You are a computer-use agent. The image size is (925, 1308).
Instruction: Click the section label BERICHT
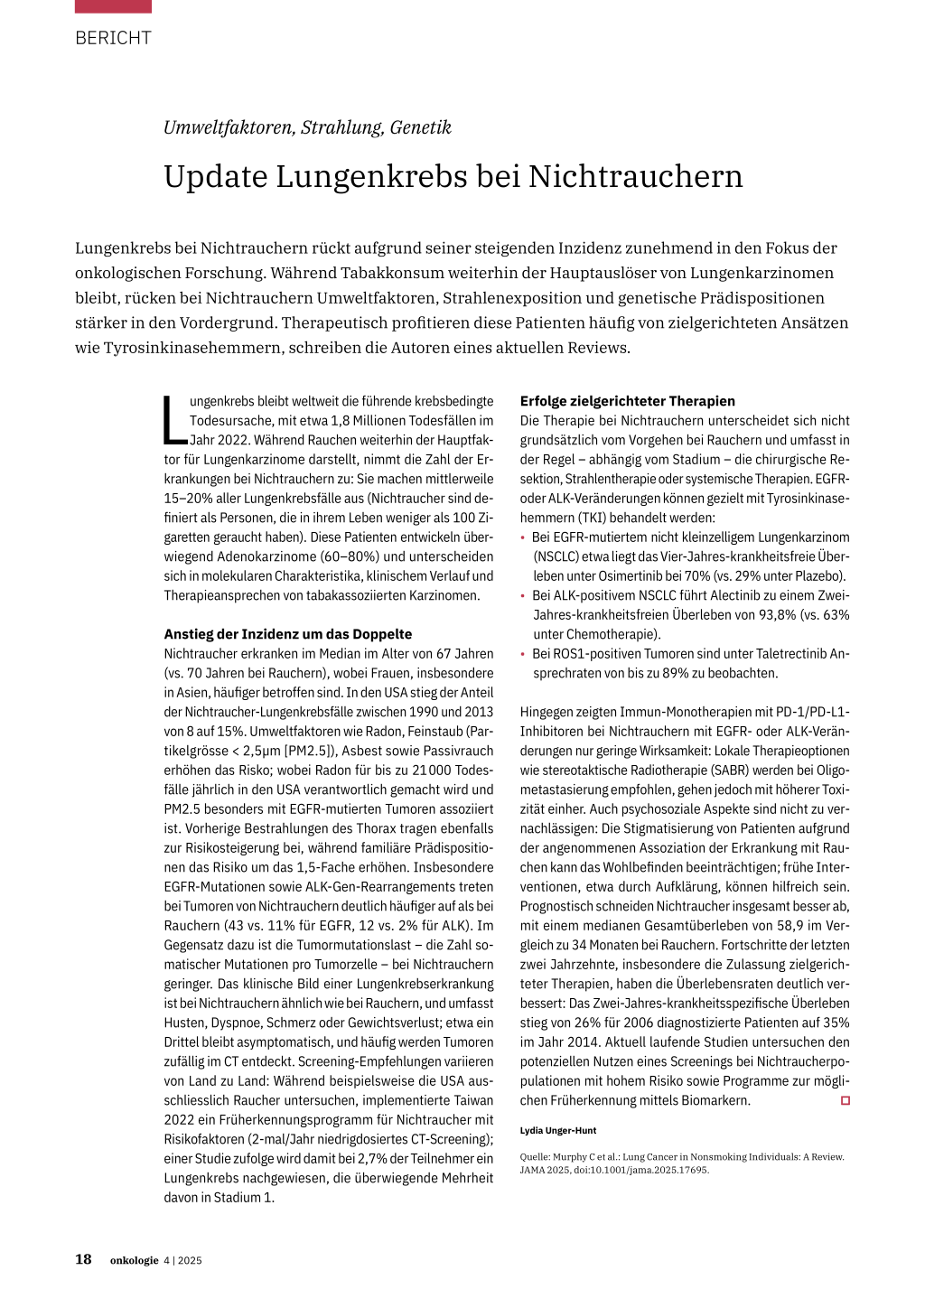(113, 38)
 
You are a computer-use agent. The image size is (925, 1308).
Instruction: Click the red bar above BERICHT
(113, 6)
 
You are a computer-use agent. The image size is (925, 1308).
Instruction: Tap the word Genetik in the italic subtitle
(420, 127)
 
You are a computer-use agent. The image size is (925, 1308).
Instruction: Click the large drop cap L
(174, 420)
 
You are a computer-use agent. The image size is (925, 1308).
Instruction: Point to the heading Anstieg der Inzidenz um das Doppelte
(287, 634)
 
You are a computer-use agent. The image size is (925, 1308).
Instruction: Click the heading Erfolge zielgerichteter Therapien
(627, 401)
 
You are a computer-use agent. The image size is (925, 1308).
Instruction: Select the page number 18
(83, 1259)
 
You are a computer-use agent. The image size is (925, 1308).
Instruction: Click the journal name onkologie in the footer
(134, 1260)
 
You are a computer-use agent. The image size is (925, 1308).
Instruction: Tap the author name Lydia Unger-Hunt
(558, 1130)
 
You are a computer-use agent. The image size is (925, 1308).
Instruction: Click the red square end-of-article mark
(846, 1100)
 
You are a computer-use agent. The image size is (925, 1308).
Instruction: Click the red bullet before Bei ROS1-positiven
(523, 654)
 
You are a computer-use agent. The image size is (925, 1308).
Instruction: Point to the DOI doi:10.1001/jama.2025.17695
(641, 1170)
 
